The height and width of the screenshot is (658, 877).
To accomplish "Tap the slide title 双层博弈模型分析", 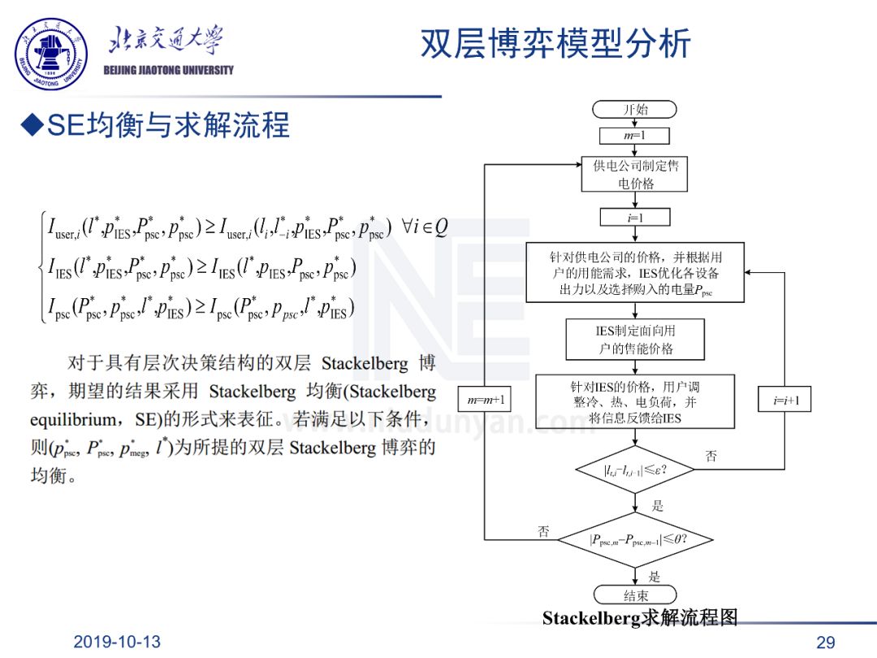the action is point(555,43).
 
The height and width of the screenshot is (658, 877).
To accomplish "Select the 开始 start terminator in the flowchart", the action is point(635,110).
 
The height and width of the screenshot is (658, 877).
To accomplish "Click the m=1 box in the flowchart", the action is point(635,136).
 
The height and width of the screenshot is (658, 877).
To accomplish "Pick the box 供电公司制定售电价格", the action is point(635,175).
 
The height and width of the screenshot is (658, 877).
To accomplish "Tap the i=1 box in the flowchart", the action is point(635,217).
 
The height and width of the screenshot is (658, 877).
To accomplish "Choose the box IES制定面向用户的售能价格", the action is point(635,340).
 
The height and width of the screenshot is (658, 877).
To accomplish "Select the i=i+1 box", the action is point(785,400).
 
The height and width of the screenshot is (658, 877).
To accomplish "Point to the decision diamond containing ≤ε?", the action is point(635,470).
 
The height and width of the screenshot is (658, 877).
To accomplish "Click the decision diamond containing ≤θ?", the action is point(635,539).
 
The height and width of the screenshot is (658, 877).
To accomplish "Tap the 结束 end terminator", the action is point(635,595).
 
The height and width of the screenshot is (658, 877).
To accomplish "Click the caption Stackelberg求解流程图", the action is point(640,618).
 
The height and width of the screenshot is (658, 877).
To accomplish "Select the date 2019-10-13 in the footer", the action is point(117,642).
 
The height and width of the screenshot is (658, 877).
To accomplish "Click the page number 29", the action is point(825,643).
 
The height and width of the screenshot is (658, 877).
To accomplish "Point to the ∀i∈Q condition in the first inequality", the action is point(425,227).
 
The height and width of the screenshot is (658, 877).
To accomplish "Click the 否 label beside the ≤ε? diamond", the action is point(711,457).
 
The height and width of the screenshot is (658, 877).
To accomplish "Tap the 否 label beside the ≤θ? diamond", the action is point(544,532).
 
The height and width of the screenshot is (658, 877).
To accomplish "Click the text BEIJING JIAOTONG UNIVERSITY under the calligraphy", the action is point(169,70).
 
